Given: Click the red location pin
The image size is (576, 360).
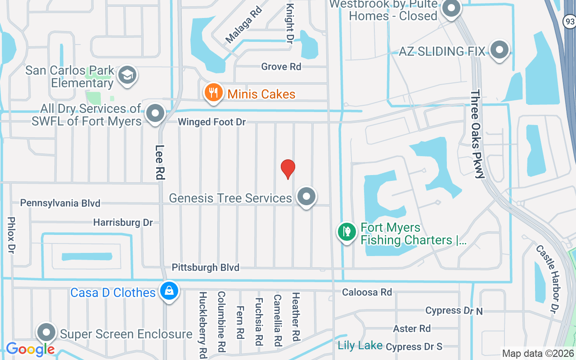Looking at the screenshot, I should point(288,169).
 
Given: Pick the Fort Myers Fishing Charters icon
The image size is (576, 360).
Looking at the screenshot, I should point(347,232).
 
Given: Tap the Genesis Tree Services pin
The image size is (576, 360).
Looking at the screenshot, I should point(306,197).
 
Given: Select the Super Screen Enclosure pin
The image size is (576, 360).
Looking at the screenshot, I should point(46,333).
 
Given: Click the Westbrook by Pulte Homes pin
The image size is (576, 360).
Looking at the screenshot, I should point(451,9).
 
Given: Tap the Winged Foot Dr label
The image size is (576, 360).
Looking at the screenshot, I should point(211,122).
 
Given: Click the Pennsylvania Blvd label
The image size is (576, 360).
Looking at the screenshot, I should point(60,203).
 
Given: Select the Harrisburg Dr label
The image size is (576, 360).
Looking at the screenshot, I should point(123,222).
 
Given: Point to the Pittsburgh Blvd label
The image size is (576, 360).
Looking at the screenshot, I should point(206,268).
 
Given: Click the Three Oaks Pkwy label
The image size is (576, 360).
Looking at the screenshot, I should point(477,134).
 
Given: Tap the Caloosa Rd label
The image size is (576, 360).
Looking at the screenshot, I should point(367,292).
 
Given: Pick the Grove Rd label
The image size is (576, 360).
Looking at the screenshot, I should point(281,67).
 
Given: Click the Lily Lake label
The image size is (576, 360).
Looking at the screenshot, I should point(360,346).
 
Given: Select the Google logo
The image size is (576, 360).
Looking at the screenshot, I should point(30,349).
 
